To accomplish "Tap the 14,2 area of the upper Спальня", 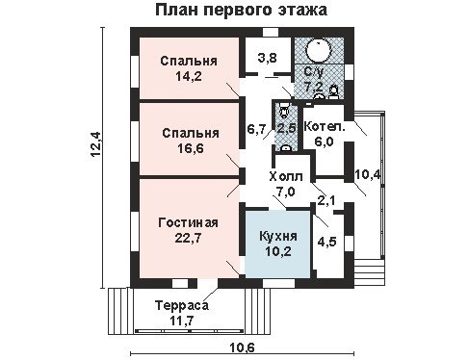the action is point(189,76).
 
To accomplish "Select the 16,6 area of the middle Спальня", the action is point(191,148).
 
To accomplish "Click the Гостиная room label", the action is point(189,222).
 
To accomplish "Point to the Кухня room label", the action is point(278,236).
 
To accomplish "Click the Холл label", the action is point(286,176).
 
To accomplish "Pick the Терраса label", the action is point(182,305).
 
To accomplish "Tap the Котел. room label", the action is point(325,127).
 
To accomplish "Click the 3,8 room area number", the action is point(267,59).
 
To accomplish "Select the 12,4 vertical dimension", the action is point(95,144).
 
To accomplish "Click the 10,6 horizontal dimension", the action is point(243,347).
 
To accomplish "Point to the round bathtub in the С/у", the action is point(318,50).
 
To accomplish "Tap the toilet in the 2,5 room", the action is point(283,111).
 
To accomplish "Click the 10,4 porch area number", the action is point(368,175).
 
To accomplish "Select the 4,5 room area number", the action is point(326,242).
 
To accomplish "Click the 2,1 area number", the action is point(326,201).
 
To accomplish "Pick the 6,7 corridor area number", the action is point(256,129).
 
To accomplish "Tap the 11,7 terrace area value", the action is point(182,321).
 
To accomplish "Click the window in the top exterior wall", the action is point(271,33).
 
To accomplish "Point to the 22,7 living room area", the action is point(188,238).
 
